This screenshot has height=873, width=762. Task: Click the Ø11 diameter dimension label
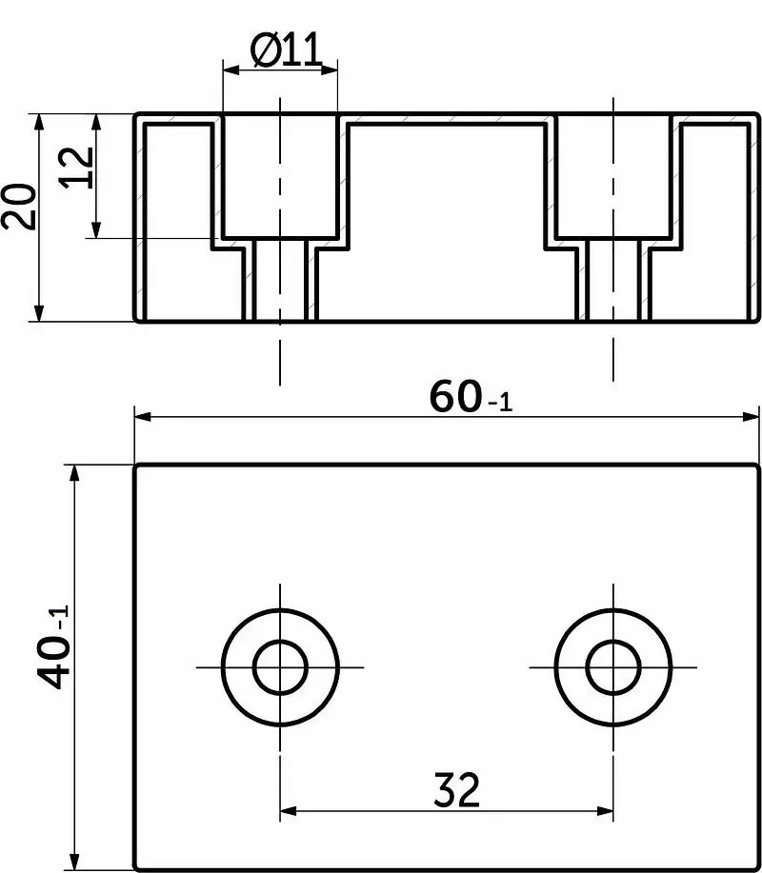tap(287, 50)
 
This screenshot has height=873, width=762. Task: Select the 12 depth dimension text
tap(77, 167)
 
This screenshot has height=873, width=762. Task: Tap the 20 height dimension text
tap(18, 206)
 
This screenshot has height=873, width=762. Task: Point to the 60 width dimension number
tap(455, 396)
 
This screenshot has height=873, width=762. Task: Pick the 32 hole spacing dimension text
tap(456, 789)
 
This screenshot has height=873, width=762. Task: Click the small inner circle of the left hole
tap(280, 667)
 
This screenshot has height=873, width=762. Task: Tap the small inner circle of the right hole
tap(613, 667)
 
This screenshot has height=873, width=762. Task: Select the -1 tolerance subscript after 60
tap(500, 402)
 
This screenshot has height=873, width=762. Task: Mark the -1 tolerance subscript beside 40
tap(60, 617)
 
